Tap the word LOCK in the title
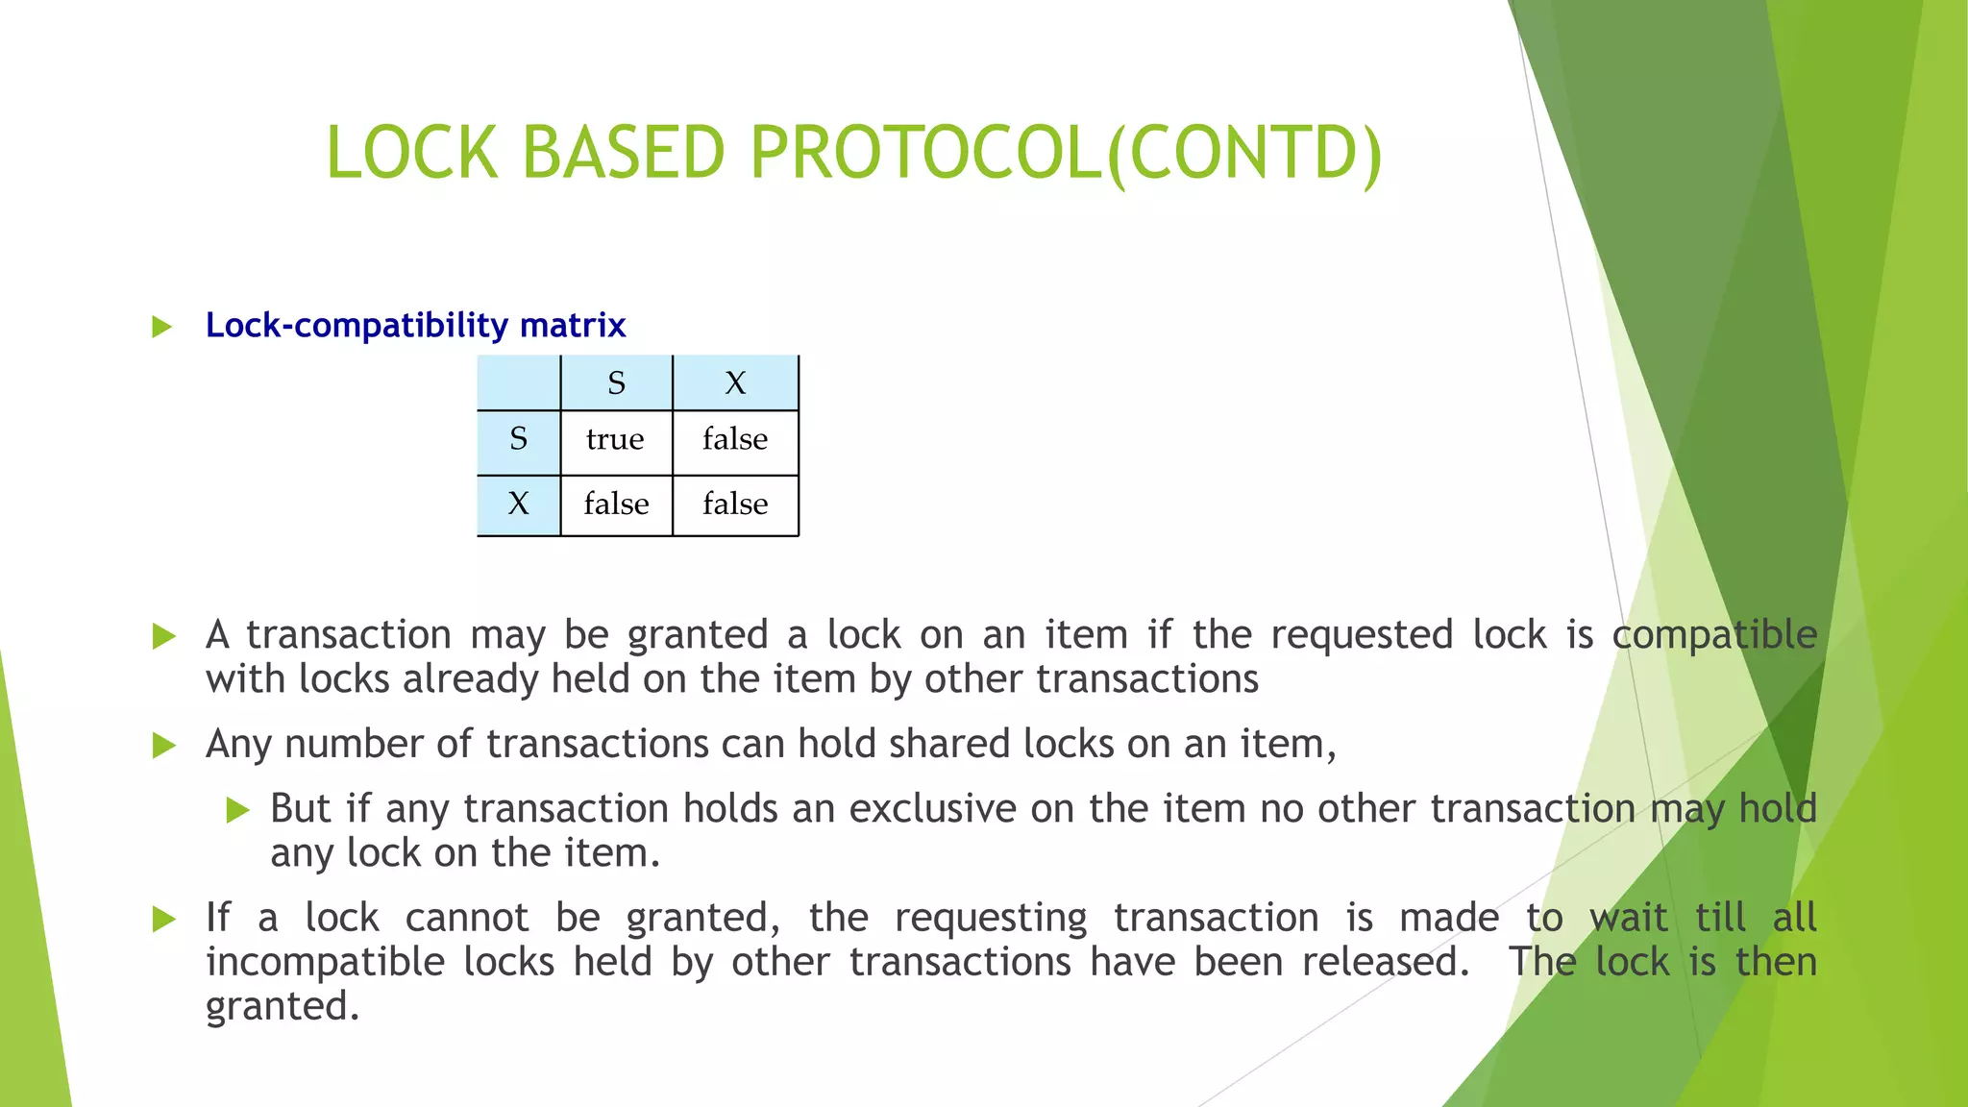[412, 154]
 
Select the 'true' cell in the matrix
[615, 440]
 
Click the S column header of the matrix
[616, 383]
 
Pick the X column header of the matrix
[735, 383]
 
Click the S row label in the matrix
[518, 440]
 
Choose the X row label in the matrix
[518, 504]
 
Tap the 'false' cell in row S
[735, 440]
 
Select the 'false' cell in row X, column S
[616, 504]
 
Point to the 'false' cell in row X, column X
[735, 504]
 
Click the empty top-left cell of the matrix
[519, 383]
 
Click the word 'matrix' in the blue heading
[573, 326]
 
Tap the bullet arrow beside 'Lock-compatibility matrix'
[161, 327]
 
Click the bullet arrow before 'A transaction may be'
[164, 636]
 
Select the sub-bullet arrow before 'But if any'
[237, 810]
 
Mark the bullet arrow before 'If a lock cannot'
[164, 919]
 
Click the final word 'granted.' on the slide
[283, 1007]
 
